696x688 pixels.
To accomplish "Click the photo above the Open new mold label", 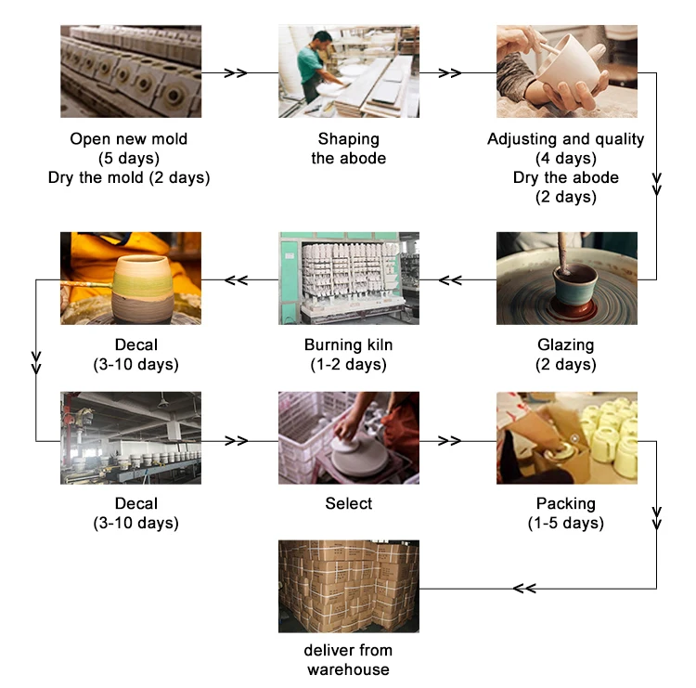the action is point(130,71).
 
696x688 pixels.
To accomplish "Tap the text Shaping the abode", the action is point(348,149).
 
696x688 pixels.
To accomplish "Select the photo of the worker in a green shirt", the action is point(348,71).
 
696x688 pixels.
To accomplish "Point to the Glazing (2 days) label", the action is point(566,355).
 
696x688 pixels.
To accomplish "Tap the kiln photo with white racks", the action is point(348,279).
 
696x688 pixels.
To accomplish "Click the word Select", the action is point(348,503).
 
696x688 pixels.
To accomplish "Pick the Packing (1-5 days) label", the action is point(566,513).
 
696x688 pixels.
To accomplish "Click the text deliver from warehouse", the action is point(348,659).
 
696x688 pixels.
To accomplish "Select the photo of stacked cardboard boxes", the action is point(348,587).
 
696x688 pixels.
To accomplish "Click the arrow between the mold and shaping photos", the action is point(237,71).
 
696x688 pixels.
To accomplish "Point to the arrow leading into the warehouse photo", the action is point(524,588).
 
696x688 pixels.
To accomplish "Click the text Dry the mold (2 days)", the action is point(130,177).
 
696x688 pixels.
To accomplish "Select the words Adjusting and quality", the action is point(566,139).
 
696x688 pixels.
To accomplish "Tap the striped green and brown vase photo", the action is point(130,279).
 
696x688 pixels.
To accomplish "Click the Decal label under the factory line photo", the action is point(130,513).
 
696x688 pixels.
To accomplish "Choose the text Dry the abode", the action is point(566,177).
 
